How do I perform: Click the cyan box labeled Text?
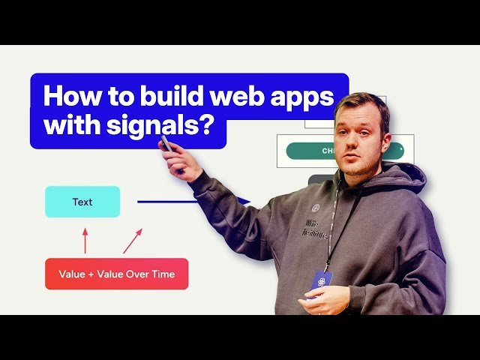pos(82,202)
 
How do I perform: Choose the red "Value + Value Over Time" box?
pos(116,274)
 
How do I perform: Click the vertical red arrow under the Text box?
pos(85,241)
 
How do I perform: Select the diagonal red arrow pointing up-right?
pos(132,241)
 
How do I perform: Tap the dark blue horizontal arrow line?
pos(180,201)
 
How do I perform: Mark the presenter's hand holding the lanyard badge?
pos(324,298)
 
